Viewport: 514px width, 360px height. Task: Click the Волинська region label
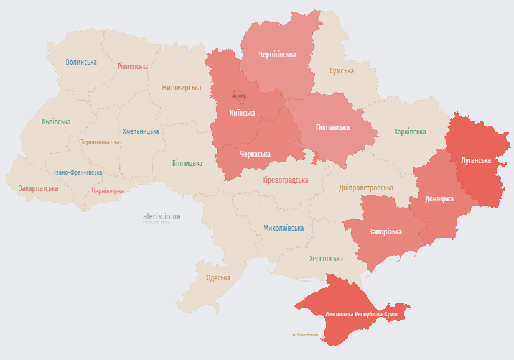coord(81,62)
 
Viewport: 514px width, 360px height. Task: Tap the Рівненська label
coord(133,67)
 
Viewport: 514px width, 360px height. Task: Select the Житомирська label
coord(181,88)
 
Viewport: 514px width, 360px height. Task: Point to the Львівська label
coord(56,122)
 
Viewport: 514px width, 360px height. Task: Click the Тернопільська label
coord(100,142)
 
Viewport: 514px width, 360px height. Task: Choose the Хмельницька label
coord(141,131)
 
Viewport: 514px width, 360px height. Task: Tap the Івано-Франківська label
coord(78,172)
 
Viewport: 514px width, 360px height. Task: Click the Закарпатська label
coord(39,188)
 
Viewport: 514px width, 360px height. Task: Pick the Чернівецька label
coord(108,191)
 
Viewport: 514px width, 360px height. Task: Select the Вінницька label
coord(187,164)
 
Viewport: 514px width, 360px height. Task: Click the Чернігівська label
coord(277,55)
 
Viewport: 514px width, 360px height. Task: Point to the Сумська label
coord(342,71)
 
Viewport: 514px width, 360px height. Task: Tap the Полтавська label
coord(333,127)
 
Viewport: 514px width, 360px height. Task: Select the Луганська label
coord(475,160)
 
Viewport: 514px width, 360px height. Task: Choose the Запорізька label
coord(385,232)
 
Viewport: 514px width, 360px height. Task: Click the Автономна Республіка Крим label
coord(361,315)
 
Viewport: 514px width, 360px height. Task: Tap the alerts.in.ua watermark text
coord(162,216)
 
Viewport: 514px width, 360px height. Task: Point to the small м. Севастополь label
coord(306,335)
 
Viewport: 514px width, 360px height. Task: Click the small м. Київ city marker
coord(240,96)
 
